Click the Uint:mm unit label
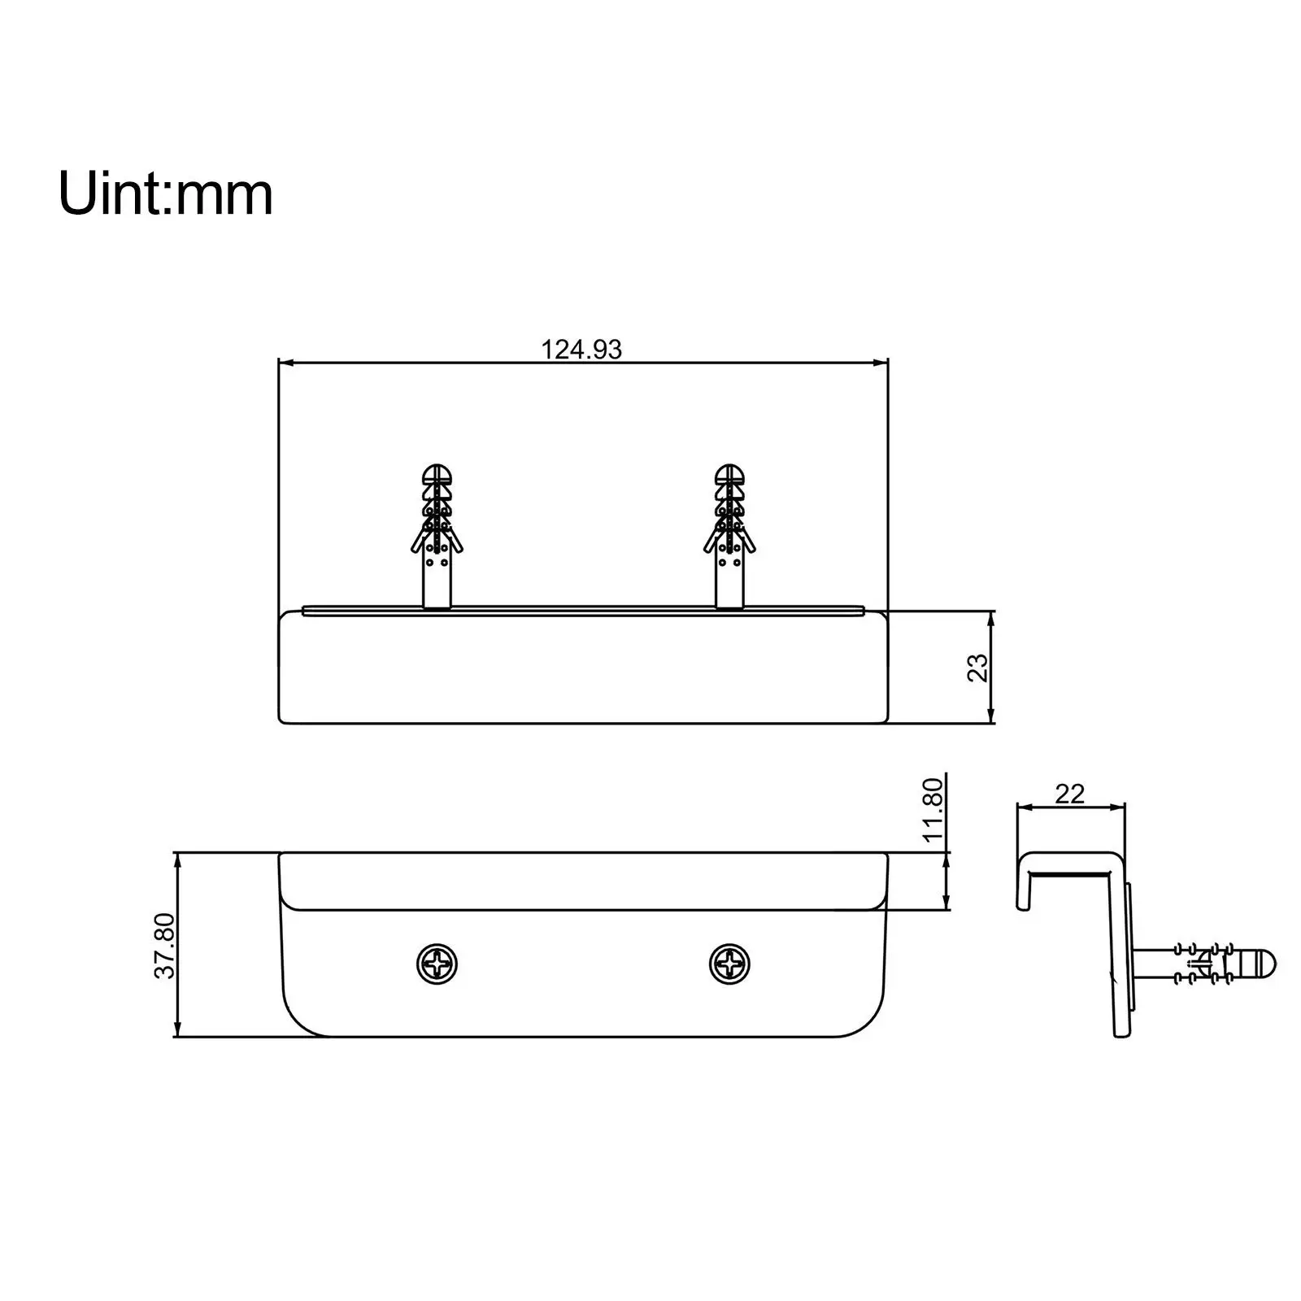pyautogui.click(x=165, y=194)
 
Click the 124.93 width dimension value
pyautogui.click(x=581, y=349)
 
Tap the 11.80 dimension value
pyautogui.click(x=933, y=809)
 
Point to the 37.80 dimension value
pyautogui.click(x=165, y=946)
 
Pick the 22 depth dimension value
pyautogui.click(x=1069, y=794)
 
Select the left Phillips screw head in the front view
pyautogui.click(x=437, y=965)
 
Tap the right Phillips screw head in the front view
pyautogui.click(x=729, y=965)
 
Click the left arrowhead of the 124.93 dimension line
pyautogui.click(x=285, y=363)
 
